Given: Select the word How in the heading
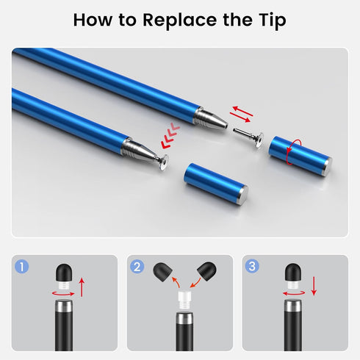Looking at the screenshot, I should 96,20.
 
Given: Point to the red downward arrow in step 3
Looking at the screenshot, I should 313,286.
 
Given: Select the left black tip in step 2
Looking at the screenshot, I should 159,273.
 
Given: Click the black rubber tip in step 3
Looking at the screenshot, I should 295,272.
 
